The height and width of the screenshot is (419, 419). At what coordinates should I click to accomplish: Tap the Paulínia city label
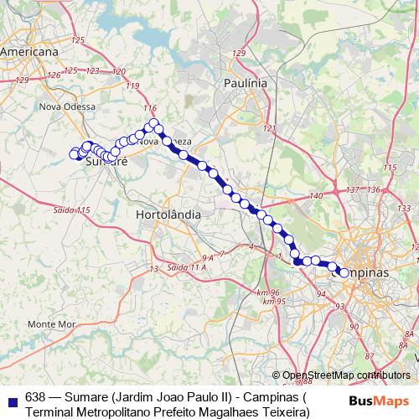pyautogui.click(x=246, y=83)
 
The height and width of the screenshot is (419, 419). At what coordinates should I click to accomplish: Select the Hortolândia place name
pyautogui.click(x=168, y=215)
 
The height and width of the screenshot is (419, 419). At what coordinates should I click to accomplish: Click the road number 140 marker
pyautogui.click(x=316, y=195)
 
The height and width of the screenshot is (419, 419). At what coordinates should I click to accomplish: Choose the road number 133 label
pyautogui.click(x=405, y=207)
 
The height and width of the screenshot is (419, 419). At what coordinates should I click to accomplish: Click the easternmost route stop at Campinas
pyautogui.click(x=344, y=272)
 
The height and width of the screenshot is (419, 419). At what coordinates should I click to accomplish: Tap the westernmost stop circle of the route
pyautogui.click(x=74, y=153)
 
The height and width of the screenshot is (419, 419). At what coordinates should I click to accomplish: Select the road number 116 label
pyautogui.click(x=150, y=109)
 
